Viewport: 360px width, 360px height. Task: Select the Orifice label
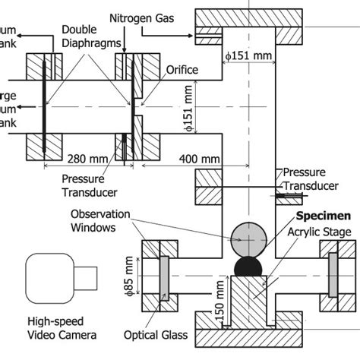182,70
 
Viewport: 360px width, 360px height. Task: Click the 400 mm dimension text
198,159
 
